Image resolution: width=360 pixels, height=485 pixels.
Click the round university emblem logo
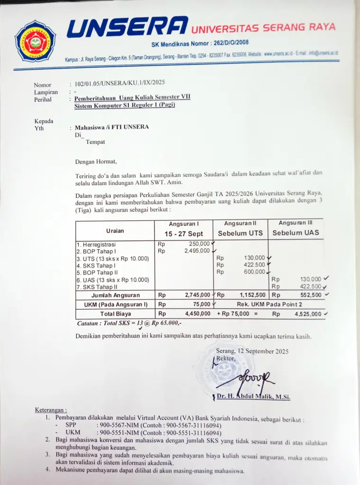click(x=35, y=41)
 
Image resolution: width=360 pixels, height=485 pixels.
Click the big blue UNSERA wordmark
click(x=127, y=27)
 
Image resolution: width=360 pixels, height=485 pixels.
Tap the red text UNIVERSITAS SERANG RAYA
click(x=263, y=27)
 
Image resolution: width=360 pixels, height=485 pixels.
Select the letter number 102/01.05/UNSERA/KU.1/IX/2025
click(x=119, y=82)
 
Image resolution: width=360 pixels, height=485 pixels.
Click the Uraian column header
click(x=115, y=231)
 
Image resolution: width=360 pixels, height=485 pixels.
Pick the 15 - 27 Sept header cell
click(x=184, y=234)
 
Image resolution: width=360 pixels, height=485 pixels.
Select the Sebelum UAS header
click(x=296, y=233)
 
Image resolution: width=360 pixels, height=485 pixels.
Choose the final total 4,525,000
click(x=307, y=314)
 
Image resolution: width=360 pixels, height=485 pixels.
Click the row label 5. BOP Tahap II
click(x=97, y=272)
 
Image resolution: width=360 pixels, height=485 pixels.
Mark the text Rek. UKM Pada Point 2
click(x=269, y=304)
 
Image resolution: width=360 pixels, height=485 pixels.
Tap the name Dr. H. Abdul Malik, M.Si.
click(x=253, y=397)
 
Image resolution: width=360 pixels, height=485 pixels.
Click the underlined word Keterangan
click(x=51, y=410)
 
